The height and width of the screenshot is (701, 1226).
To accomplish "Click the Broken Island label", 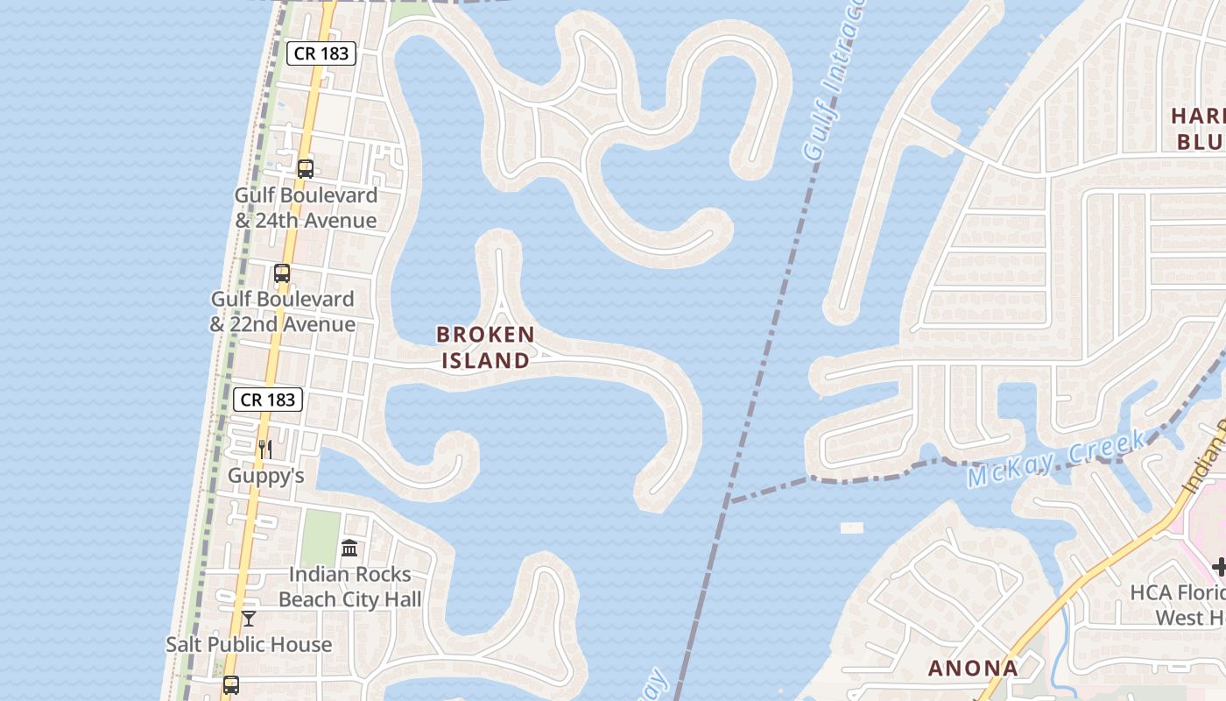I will pos(485,347).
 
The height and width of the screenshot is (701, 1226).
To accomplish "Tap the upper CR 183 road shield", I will pos(321,53).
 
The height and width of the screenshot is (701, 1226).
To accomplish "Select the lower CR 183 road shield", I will pos(268,400).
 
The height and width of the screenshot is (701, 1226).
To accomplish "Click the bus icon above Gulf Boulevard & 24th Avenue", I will pos(305,169).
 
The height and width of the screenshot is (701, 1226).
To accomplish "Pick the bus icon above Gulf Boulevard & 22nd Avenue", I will pos(281,273).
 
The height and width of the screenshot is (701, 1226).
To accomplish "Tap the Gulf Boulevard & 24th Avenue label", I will pos(306,208).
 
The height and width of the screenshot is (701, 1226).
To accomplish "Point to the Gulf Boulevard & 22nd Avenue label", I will pos(282,311).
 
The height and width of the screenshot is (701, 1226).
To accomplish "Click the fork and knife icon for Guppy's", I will pos(264,450).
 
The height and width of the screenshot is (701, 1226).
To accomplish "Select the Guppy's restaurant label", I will pos(265,476).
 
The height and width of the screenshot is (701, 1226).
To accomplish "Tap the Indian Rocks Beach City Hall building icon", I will pos(349,549).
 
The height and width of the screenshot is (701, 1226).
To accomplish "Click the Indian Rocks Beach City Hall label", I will pos(349,587).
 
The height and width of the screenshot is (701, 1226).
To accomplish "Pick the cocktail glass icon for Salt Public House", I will pos(249,619).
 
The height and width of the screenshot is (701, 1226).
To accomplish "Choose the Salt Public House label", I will pos(249,644).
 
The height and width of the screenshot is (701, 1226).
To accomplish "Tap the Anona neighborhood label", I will pos(973,668).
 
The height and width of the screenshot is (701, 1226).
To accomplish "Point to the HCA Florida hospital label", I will pos(1178,605).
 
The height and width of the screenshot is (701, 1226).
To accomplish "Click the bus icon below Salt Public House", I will pos(230,685).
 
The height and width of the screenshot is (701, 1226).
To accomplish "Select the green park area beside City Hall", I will pos(321,537).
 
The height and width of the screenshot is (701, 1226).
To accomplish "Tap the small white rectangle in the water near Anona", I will pos(851,528).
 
